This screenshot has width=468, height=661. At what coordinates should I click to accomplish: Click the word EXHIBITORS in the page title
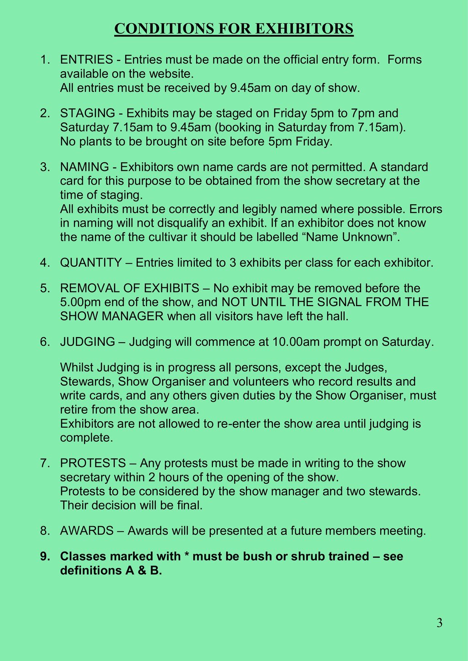coord(303,29)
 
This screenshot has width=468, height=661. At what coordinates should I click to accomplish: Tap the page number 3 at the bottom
coord(439,623)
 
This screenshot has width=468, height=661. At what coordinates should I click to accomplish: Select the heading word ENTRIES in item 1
coord(86,60)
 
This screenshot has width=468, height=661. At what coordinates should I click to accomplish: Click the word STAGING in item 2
coord(88,113)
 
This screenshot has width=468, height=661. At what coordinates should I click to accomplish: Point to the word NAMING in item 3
coord(85,167)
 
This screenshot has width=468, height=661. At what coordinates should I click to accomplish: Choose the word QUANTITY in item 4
coord(91,263)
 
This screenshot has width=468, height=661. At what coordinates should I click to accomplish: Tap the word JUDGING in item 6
coord(88,342)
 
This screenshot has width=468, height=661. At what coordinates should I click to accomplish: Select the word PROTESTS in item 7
coord(93,464)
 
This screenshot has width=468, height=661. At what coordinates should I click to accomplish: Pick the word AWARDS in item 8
coord(87,531)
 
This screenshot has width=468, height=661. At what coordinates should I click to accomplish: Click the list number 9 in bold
coord(44,556)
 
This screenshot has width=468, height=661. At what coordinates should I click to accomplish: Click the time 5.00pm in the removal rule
coord(82,302)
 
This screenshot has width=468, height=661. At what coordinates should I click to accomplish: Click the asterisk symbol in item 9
coord(186,555)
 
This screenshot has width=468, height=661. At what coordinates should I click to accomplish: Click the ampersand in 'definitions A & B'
coord(140,571)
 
